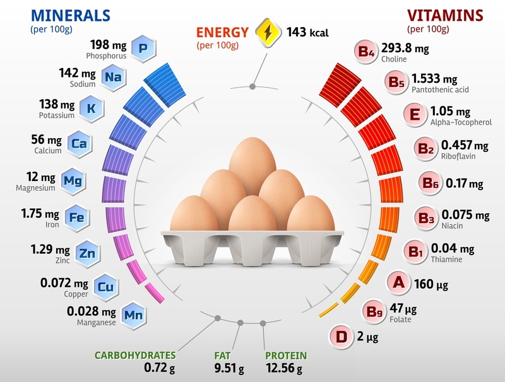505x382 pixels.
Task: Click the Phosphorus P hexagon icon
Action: [x=144, y=48]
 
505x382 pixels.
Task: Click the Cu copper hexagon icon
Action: [x=104, y=287]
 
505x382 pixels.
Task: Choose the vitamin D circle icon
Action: [x=342, y=337]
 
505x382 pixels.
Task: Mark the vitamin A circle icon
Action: [x=398, y=283]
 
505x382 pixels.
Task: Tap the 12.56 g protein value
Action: [x=283, y=368]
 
